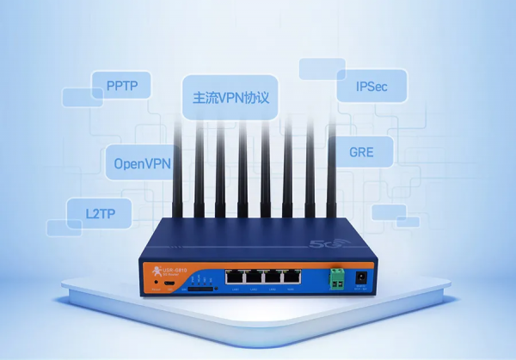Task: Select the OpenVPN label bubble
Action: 143,162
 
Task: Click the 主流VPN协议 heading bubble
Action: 226,95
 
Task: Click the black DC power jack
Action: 362,278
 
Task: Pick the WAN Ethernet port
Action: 234,278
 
